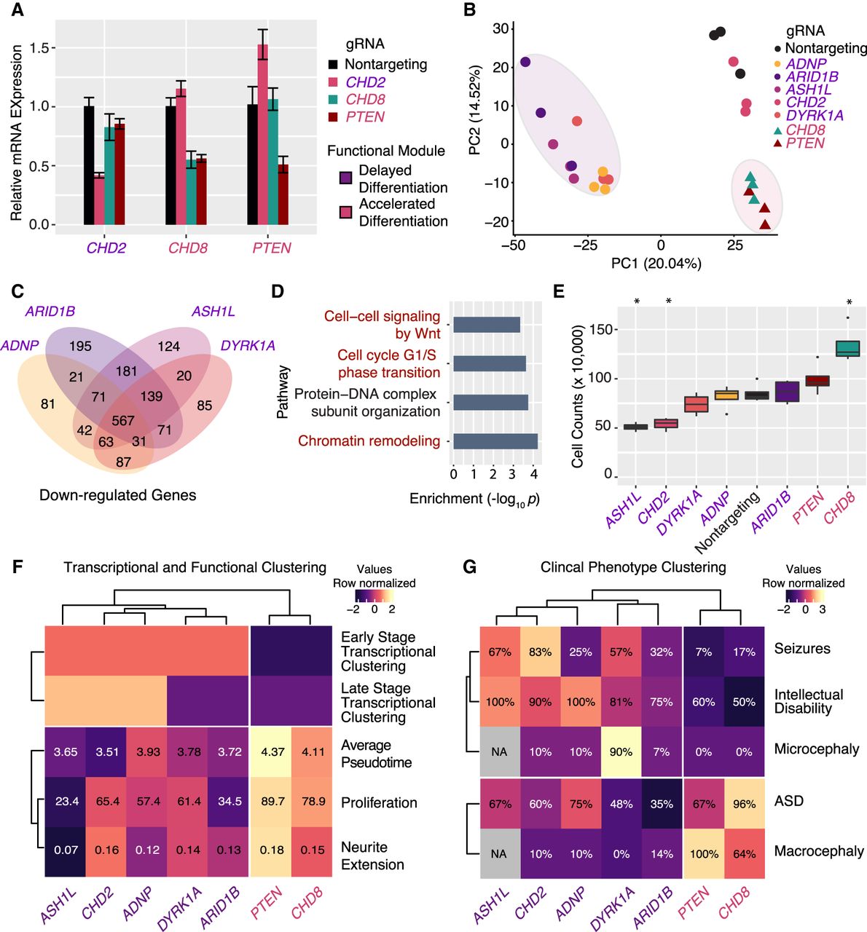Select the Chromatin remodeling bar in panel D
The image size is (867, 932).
[495, 441]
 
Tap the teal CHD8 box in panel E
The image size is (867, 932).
[847, 348]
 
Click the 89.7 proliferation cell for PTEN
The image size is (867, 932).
[272, 802]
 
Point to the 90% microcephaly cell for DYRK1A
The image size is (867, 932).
[621, 751]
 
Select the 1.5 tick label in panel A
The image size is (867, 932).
[44, 48]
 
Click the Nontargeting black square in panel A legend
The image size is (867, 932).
[334, 65]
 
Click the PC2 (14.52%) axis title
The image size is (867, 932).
[475, 111]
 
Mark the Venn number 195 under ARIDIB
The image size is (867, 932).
[80, 346]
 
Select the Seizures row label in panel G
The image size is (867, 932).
[802, 648]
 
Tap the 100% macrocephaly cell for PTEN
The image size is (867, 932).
[704, 853]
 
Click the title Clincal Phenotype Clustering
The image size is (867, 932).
[633, 566]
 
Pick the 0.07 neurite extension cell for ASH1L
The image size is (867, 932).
[66, 850]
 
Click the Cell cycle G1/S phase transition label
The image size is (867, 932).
[388, 363]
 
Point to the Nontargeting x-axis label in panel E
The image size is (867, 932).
[727, 522]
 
